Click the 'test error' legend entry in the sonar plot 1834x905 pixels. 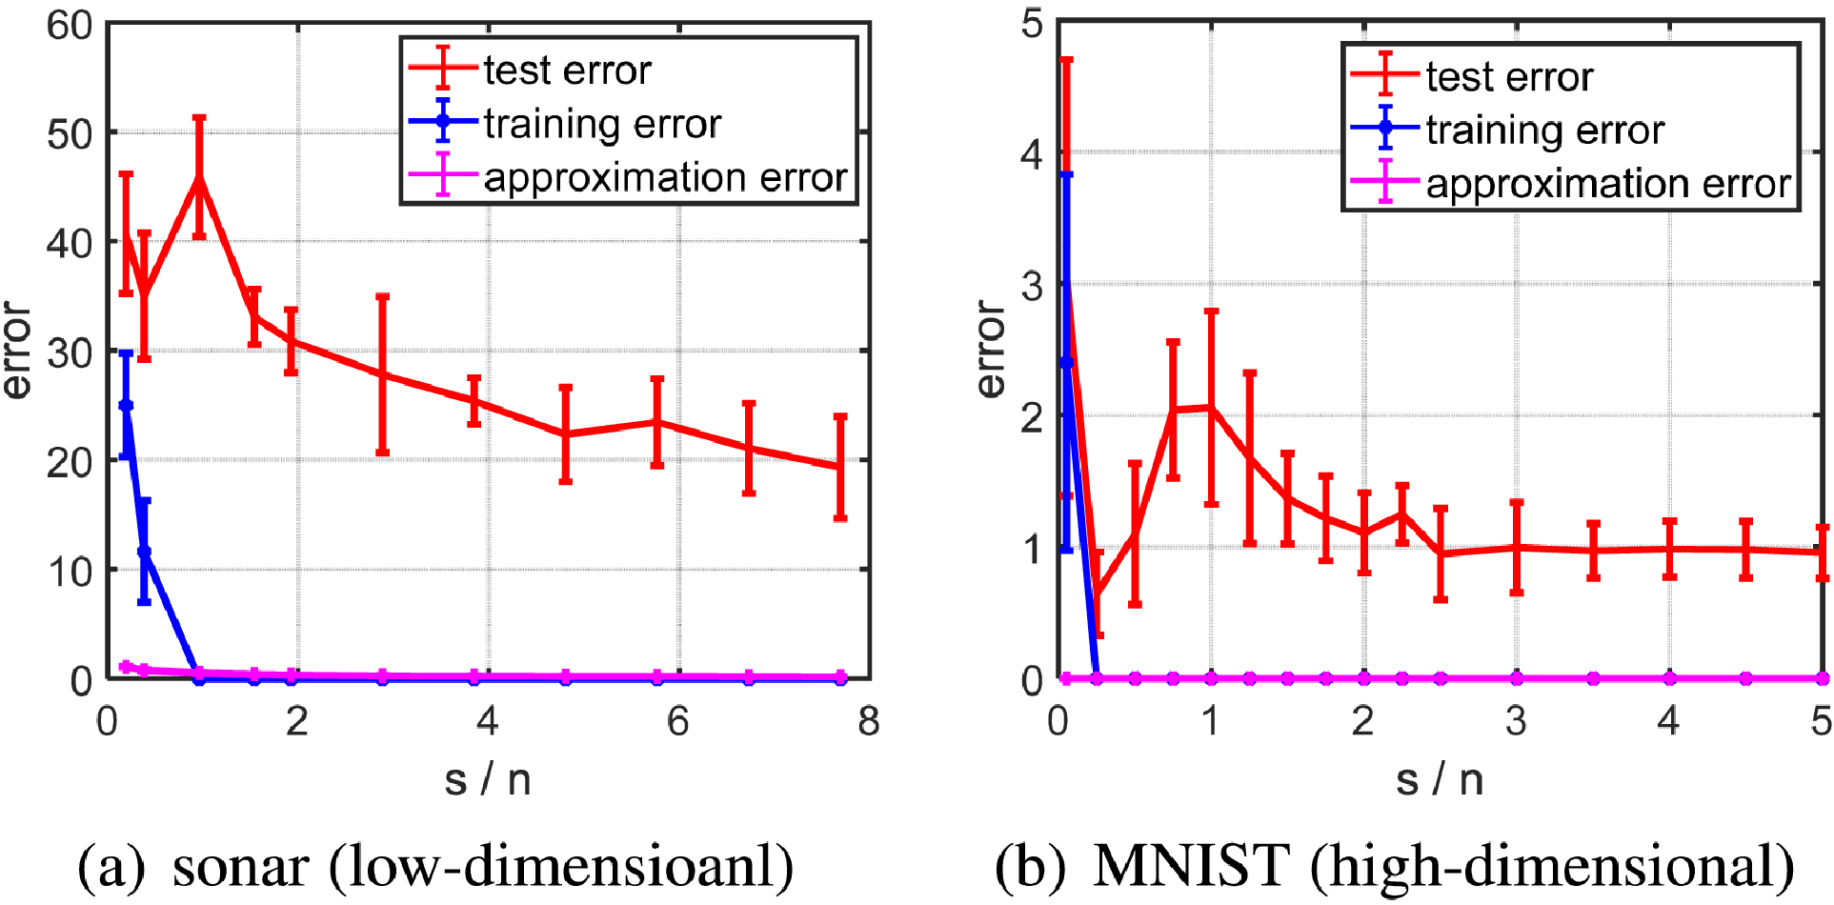pyautogui.click(x=567, y=70)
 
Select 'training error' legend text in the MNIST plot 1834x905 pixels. pyautogui.click(x=1544, y=130)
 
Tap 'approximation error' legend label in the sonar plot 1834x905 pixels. pyautogui.click(x=665, y=177)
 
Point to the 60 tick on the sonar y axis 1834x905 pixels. pyautogui.click(x=70, y=25)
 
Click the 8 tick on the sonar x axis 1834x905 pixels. pyautogui.click(x=868, y=721)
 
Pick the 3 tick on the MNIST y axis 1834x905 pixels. pyautogui.click(x=1032, y=285)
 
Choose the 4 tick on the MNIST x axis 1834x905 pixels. pyautogui.click(x=1668, y=721)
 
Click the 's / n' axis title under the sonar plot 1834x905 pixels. pyautogui.click(x=487, y=779)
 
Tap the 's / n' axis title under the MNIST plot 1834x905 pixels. pyautogui.click(x=1440, y=779)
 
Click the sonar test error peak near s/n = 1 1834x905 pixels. pyautogui.click(x=199, y=177)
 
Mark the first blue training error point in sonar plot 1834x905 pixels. pyautogui.click(x=126, y=406)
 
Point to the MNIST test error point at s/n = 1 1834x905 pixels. pyautogui.click(x=1211, y=407)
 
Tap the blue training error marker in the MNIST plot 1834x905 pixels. pyautogui.click(x=1066, y=362)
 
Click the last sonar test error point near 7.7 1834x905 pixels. pyautogui.click(x=840, y=467)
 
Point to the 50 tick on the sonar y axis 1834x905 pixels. pyautogui.click(x=70, y=133)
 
